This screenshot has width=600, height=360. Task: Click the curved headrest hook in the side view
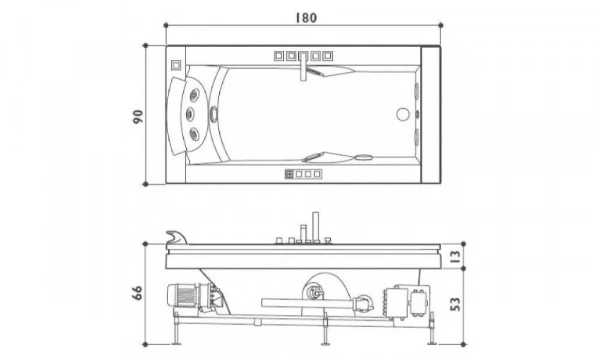point(172,237)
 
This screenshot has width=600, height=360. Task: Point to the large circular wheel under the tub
point(325,290)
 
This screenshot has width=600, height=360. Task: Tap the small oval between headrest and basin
point(213,115)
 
